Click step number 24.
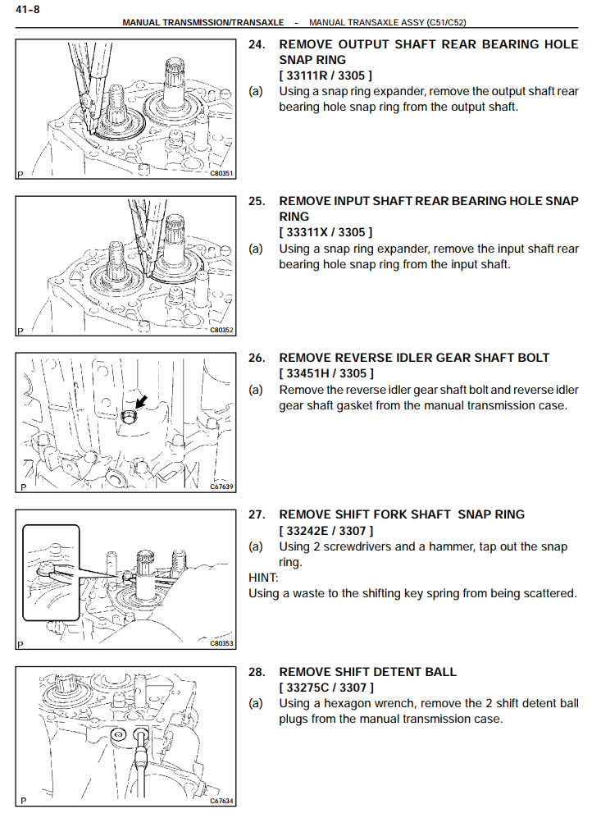click(x=257, y=44)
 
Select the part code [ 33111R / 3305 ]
click(x=326, y=75)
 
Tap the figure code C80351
click(x=221, y=174)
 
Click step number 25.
click(x=257, y=201)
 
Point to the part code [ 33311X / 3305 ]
click(x=326, y=232)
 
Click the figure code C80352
click(x=221, y=331)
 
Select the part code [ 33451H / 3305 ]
click(x=326, y=373)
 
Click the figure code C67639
click(x=221, y=487)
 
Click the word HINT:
click(x=263, y=578)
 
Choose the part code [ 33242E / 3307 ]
click(x=326, y=531)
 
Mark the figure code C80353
click(x=221, y=643)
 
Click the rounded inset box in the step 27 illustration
click(x=51, y=572)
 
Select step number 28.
click(x=257, y=672)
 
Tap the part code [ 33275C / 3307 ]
click(x=326, y=688)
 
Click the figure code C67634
click(x=221, y=801)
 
